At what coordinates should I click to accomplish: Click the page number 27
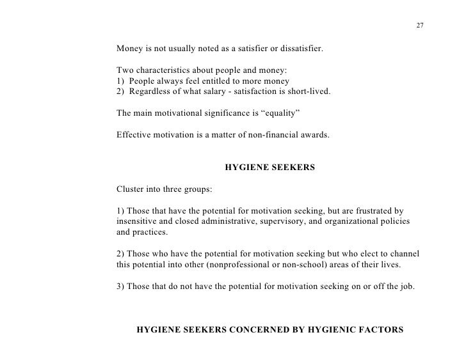(x=419, y=26)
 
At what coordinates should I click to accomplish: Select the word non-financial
(x=268, y=136)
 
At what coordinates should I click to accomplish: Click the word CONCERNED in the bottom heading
(x=252, y=331)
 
